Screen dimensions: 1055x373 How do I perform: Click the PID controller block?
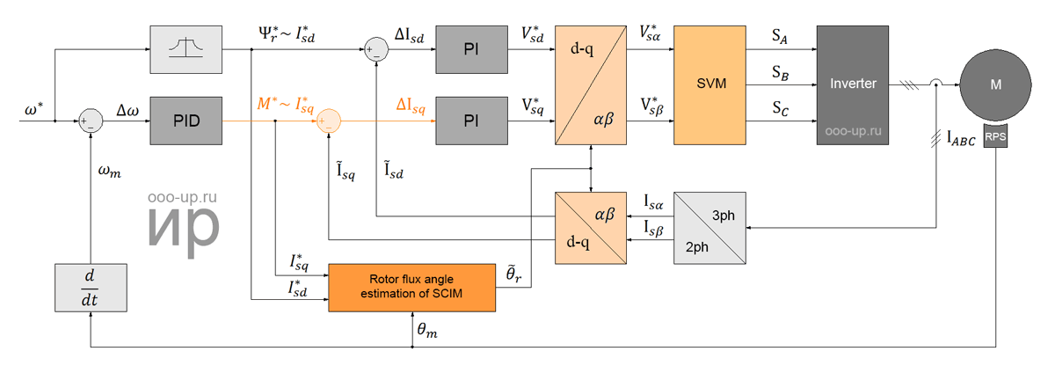tap(186, 121)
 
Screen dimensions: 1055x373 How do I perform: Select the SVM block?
tap(709, 84)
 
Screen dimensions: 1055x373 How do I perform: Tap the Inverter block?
tap(853, 84)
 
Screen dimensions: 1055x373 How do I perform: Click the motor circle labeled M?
tap(995, 84)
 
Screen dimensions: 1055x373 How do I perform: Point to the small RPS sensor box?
tap(995, 135)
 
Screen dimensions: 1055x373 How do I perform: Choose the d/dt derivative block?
tap(91, 288)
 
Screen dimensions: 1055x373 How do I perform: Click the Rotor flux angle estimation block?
tap(411, 288)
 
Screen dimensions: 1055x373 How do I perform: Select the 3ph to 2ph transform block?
tap(709, 228)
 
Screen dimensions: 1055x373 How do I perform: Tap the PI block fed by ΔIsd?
tap(471, 49)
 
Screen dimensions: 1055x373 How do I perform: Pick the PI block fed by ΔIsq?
tap(471, 121)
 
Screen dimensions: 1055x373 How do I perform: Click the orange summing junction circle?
tap(328, 121)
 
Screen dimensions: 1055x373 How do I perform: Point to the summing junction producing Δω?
tap(91, 121)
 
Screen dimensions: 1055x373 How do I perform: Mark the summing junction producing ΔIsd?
tap(376, 49)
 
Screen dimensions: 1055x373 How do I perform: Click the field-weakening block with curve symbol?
tap(186, 49)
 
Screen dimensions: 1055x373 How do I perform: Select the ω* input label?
tap(33, 109)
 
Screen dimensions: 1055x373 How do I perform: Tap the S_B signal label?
tap(780, 73)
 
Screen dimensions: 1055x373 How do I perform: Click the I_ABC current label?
tap(961, 139)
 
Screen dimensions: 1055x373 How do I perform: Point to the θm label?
tap(427, 330)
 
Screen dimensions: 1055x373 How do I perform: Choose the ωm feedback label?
tap(109, 172)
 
